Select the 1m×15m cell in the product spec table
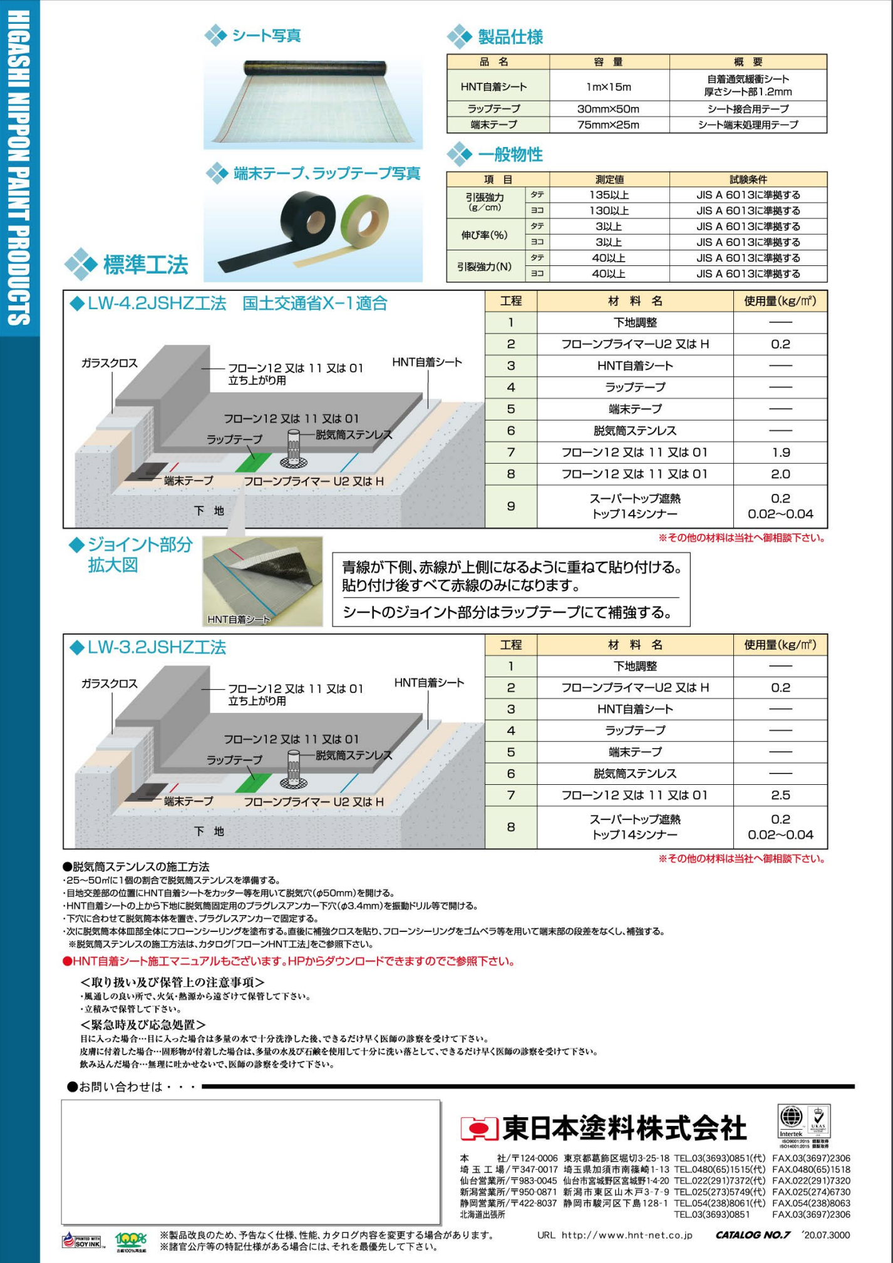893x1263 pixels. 609,87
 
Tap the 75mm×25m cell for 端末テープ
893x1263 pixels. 609,125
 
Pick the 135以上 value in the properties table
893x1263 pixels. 609,195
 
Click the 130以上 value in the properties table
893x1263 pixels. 609,211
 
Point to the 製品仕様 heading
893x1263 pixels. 510,37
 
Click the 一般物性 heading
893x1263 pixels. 510,155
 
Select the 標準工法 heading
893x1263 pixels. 145,265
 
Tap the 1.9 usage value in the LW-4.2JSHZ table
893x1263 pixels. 780,453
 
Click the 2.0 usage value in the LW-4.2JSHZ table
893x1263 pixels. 780,474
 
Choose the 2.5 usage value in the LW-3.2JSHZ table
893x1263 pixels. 780,795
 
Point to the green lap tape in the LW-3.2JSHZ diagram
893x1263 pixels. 254,782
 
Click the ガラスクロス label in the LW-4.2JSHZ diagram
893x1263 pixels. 109,363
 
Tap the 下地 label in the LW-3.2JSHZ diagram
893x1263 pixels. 209,831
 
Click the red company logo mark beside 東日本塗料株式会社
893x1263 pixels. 479,1128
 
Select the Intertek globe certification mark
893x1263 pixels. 791,1117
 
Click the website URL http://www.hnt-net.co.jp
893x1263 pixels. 626,1235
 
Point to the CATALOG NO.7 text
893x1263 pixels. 753,1235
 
